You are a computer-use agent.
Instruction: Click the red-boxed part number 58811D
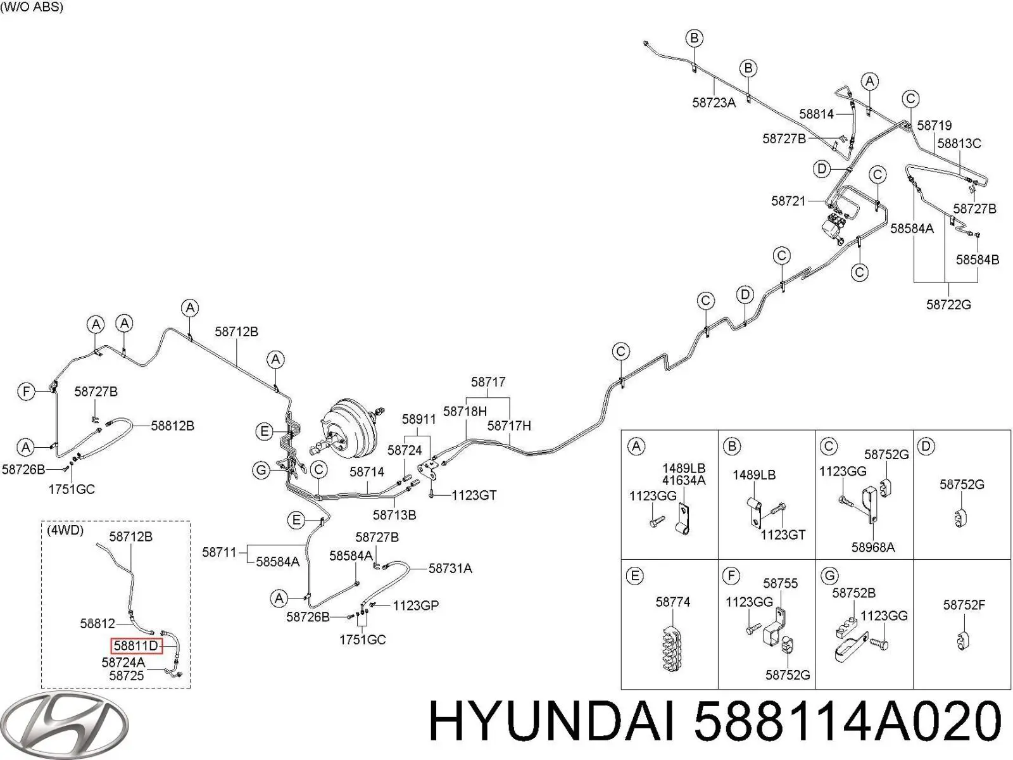[136, 645]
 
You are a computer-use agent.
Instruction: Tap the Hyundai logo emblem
[65, 725]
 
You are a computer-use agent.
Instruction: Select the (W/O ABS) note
[32, 8]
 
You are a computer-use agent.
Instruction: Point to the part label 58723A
[714, 103]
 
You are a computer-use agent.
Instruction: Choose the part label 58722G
[948, 305]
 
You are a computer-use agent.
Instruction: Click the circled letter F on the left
[27, 392]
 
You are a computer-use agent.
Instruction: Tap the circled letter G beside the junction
[261, 470]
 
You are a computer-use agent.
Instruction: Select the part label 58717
[488, 382]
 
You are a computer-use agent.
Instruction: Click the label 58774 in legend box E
[672, 602]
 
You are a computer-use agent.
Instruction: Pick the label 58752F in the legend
[964, 604]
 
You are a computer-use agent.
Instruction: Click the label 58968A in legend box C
[873, 547]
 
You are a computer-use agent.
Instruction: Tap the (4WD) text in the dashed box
[65, 530]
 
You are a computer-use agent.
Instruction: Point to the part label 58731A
[450, 569]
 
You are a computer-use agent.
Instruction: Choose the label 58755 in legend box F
[781, 583]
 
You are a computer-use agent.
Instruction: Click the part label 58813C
[959, 144]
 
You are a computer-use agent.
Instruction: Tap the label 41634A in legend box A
[684, 480]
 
